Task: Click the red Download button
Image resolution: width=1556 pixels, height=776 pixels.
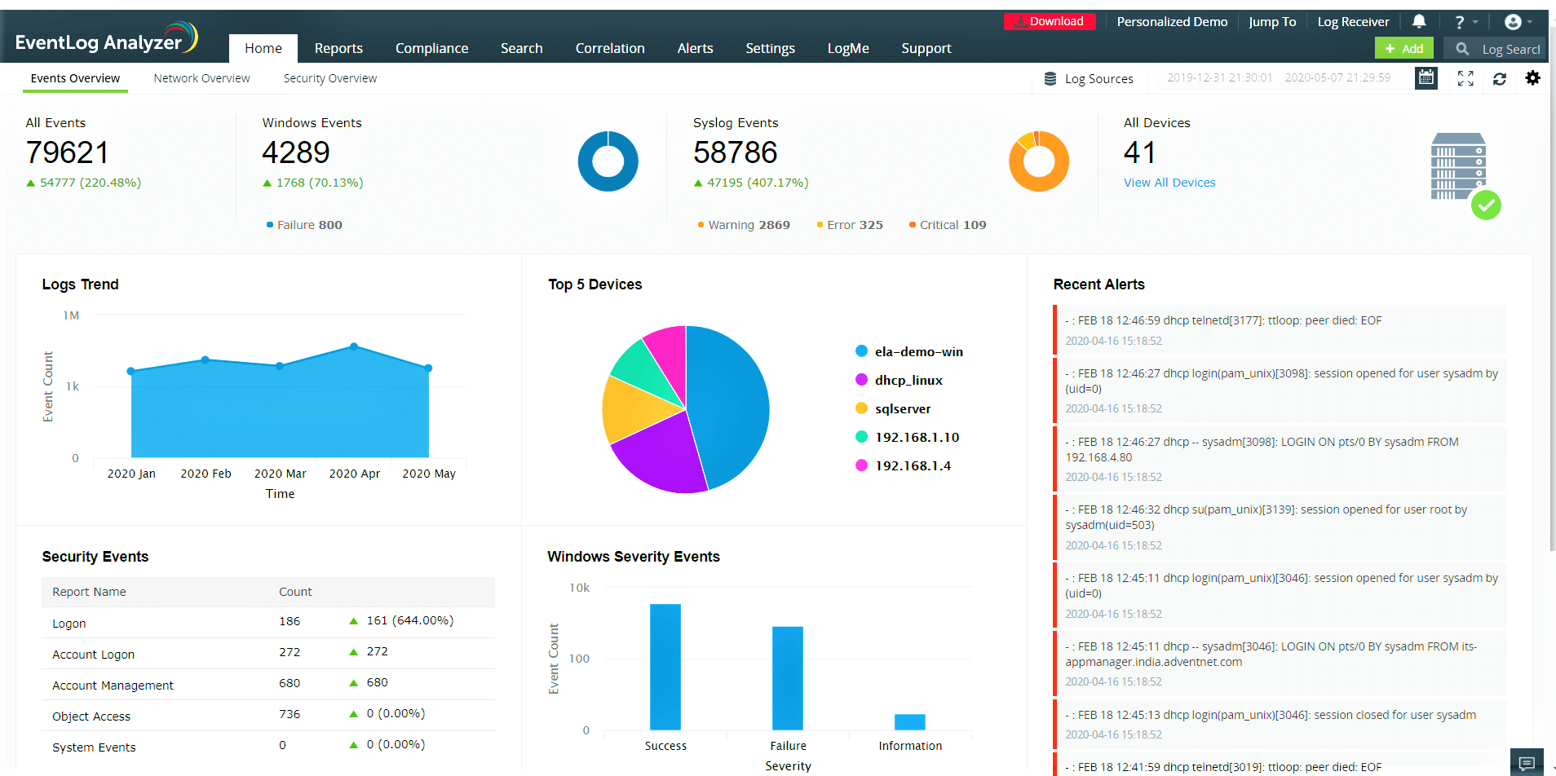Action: coord(1049,22)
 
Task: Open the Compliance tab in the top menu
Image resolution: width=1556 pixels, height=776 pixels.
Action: coord(431,49)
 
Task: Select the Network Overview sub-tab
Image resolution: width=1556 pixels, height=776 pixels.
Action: coord(201,79)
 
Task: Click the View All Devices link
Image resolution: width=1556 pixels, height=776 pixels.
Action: coord(1169,183)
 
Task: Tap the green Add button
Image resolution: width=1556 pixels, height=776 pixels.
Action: coord(1403,49)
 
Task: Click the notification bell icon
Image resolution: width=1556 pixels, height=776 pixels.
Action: coord(1419,22)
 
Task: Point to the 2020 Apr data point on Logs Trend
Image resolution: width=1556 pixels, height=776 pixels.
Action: coord(354,347)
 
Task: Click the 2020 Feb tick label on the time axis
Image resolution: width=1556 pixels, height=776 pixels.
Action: coord(206,474)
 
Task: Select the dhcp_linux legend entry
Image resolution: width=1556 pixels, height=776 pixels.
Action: coord(908,381)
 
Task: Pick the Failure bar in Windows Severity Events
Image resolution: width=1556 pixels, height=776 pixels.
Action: coord(787,677)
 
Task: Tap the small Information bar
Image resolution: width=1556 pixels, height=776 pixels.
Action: coord(909,721)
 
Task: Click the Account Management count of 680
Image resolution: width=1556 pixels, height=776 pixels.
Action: coord(290,683)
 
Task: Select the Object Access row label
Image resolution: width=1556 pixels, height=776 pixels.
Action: coord(91,716)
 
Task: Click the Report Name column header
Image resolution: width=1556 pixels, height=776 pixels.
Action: coord(89,592)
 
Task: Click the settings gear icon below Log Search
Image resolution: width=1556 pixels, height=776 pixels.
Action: coord(1532,78)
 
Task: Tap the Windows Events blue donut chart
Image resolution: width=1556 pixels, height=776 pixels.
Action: coord(608,161)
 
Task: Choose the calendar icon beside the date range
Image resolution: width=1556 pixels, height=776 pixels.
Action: coord(1426,78)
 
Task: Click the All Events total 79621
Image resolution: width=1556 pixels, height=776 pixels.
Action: coord(68,152)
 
